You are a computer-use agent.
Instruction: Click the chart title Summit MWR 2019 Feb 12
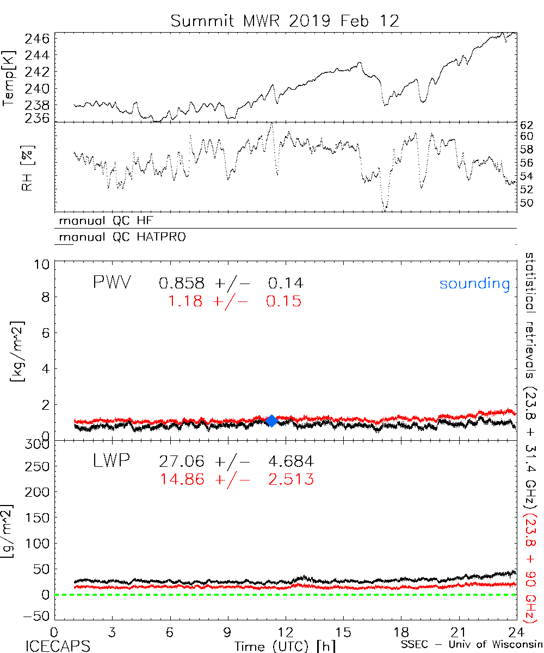point(285,21)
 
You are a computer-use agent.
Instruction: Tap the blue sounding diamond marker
point(271,420)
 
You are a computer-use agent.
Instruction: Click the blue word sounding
point(474,284)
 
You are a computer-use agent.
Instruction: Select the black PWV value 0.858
point(182,283)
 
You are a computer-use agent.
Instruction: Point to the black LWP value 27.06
point(182,462)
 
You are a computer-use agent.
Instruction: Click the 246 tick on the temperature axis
point(37,39)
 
